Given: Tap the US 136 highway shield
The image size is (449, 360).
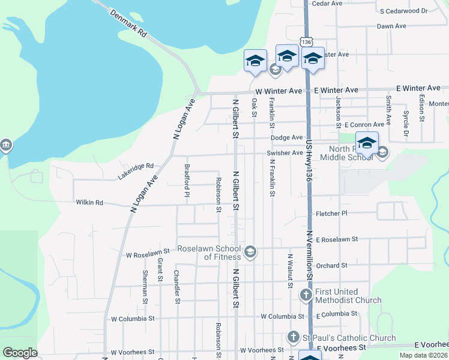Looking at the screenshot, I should [x=307, y=42].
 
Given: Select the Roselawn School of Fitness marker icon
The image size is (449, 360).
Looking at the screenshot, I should [x=251, y=252].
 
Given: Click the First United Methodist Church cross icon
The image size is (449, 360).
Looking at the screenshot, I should [x=306, y=295].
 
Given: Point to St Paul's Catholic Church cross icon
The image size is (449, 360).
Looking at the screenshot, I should [x=294, y=337].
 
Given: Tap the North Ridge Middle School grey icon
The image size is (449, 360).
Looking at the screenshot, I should [x=382, y=153].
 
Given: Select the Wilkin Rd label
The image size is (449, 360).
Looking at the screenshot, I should [x=89, y=203].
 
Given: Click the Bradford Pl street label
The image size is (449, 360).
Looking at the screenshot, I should [x=187, y=181].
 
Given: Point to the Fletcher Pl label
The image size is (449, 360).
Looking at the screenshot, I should [x=331, y=213].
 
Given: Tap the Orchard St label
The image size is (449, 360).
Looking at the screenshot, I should [x=331, y=265].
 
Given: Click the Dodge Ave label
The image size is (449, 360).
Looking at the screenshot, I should [x=286, y=137].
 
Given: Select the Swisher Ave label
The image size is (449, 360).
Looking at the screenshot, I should [x=285, y=153].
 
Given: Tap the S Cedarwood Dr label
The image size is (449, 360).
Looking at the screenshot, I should [x=403, y=11].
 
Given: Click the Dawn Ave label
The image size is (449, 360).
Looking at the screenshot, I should [x=391, y=26].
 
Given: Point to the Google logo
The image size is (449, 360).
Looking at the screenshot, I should [x=20, y=353].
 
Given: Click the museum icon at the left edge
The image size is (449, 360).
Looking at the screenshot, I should [x=6, y=146].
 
